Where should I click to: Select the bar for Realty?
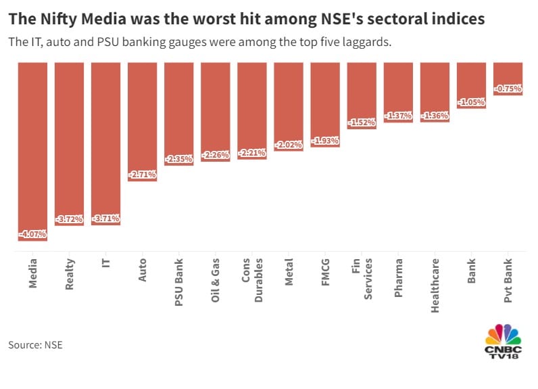pos(69,142)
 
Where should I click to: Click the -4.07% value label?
pos(32,234)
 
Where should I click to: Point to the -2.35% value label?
pos(179,159)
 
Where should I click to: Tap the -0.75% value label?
pos(508,89)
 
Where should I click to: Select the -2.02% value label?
pos(289,145)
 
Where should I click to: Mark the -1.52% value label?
pos(362,122)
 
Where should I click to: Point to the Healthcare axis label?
pos(435,285)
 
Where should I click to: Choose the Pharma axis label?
pos(398,274)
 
